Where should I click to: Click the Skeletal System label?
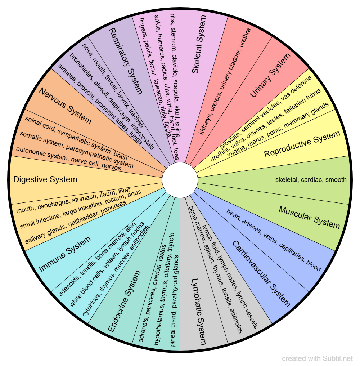200,44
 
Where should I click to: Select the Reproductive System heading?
302,144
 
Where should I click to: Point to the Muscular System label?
309,217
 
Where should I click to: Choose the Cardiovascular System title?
261,273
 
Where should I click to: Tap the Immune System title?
64,254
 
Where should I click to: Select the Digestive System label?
45,179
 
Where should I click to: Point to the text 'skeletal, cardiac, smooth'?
311,179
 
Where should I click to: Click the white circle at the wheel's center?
180,179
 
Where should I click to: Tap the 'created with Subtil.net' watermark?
318,358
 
